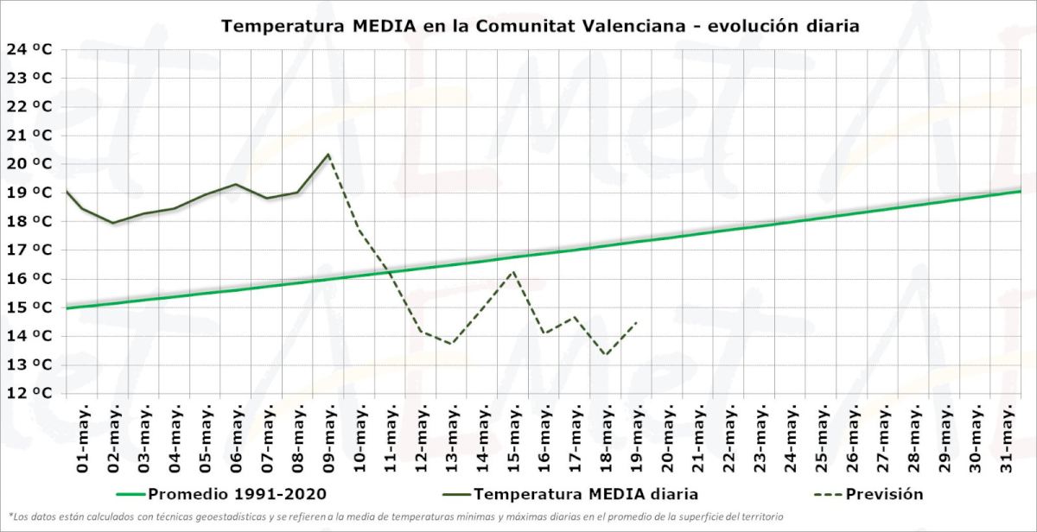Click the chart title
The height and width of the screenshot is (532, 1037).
coord(540,25)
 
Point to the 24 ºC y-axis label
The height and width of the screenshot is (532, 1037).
coord(29,49)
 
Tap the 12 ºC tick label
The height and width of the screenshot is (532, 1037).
coord(29,393)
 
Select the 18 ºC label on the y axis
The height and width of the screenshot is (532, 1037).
coord(29,221)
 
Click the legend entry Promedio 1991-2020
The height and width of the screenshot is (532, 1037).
coord(232,494)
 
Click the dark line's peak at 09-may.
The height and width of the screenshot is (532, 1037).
coord(328,155)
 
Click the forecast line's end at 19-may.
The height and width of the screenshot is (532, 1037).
coord(637,322)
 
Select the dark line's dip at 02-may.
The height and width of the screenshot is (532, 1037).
coord(113,223)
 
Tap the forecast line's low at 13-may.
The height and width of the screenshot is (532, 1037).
coord(451,344)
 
